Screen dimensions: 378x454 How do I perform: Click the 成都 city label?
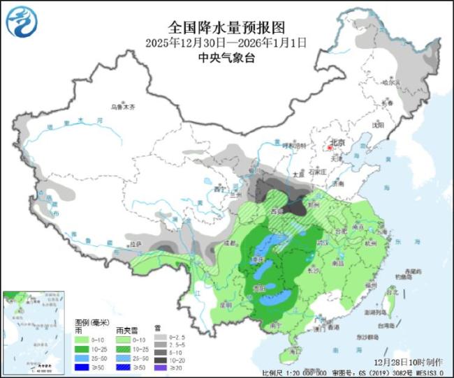(x=228, y=242)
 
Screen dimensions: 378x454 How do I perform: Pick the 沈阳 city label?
(x=378, y=126)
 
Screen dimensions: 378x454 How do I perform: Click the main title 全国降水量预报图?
(x=227, y=27)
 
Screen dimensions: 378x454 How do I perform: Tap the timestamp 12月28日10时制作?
(x=408, y=363)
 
